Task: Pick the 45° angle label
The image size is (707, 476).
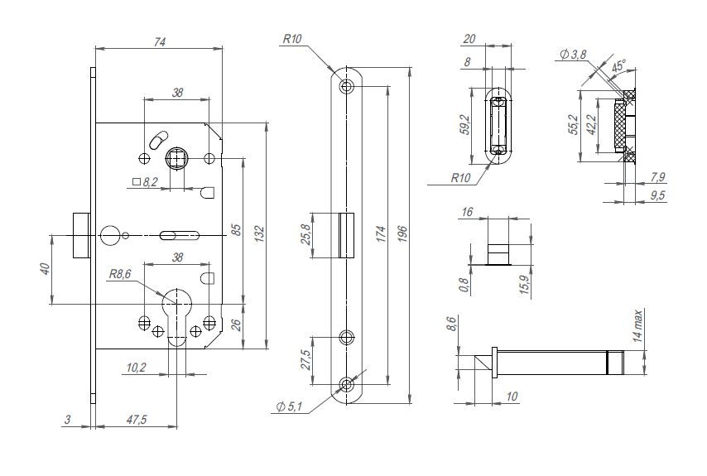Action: pyautogui.click(x=618, y=63)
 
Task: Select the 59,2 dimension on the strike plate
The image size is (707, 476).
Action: pyautogui.click(x=465, y=123)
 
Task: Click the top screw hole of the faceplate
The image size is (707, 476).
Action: pyautogui.click(x=347, y=85)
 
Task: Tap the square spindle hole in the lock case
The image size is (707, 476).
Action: pyautogui.click(x=176, y=156)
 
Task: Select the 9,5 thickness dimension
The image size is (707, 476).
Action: pyautogui.click(x=658, y=196)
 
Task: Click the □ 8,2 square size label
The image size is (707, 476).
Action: pyautogui.click(x=145, y=180)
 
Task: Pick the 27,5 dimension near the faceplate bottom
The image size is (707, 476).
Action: pyautogui.click(x=305, y=361)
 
